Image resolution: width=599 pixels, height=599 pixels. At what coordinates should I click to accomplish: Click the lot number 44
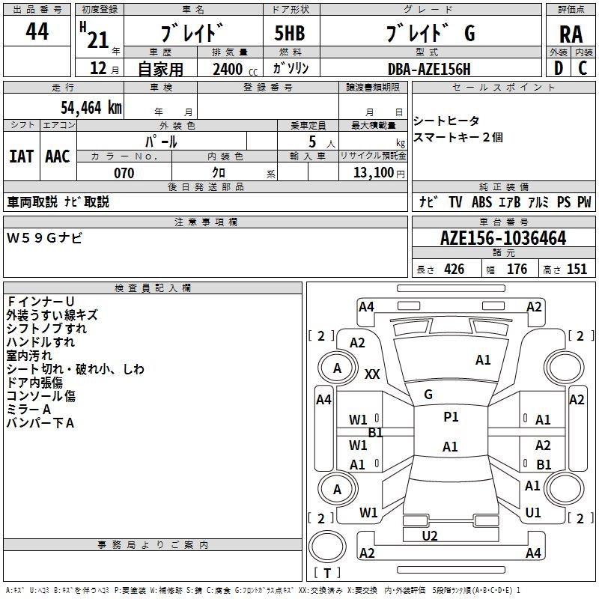click(37, 32)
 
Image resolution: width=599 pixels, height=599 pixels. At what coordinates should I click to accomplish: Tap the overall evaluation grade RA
click(571, 34)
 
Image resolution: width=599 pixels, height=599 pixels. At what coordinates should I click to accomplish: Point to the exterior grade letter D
click(558, 67)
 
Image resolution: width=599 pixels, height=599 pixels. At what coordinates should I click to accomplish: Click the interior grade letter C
click(583, 67)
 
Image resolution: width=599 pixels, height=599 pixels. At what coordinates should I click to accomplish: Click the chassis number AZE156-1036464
click(503, 239)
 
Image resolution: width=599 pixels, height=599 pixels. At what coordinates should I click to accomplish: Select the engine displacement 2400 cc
click(233, 69)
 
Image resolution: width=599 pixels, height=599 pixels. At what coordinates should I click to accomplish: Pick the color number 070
click(124, 173)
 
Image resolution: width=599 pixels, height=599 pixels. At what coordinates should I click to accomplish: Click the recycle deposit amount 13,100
click(372, 173)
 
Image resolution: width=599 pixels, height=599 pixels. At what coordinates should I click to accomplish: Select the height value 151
click(577, 270)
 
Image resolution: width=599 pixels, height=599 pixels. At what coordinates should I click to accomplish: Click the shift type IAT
click(21, 156)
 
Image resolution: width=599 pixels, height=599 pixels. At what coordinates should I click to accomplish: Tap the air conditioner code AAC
click(57, 156)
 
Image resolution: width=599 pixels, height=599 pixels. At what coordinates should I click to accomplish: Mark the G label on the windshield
click(428, 395)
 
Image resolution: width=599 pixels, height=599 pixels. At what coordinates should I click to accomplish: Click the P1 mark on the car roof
click(451, 417)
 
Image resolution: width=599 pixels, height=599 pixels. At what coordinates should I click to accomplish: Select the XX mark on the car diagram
click(372, 374)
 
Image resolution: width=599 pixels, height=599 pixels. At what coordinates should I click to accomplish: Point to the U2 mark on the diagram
click(429, 535)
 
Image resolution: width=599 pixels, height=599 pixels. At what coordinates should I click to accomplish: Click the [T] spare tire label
click(327, 574)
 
